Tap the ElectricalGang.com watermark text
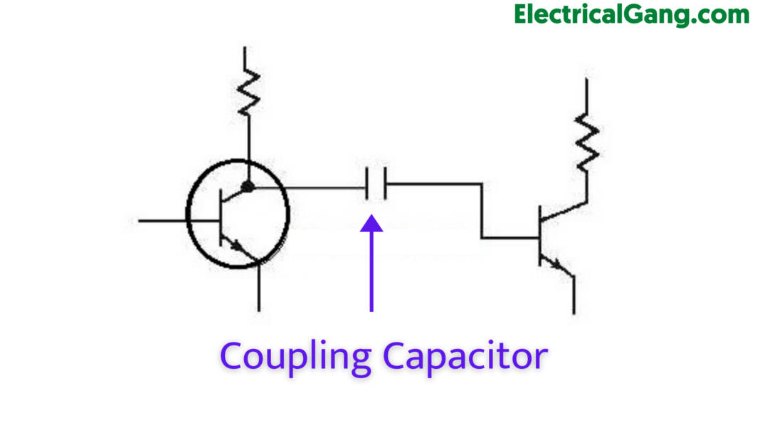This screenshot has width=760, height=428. pyautogui.click(x=631, y=14)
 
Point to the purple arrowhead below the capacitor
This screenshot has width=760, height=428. pyautogui.click(x=371, y=224)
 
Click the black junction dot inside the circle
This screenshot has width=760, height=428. pyautogui.click(x=248, y=187)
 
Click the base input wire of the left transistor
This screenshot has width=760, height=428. pyautogui.click(x=164, y=221)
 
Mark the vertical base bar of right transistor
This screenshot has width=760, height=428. pyautogui.click(x=540, y=237)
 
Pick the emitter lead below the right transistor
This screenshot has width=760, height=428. pyautogui.click(x=574, y=296)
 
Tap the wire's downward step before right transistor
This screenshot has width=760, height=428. pyautogui.click(x=482, y=210)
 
